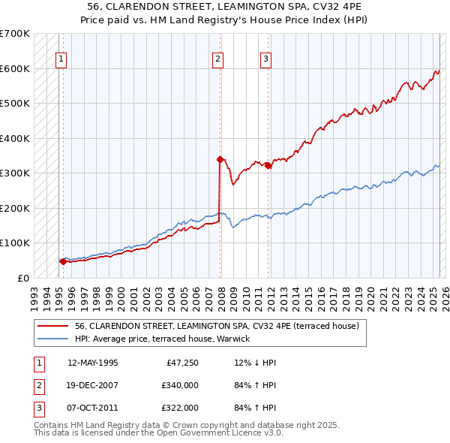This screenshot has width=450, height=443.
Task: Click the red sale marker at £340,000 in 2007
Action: coord(220,159)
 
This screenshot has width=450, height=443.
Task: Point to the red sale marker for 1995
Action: coord(63,261)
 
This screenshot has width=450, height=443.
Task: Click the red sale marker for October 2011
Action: coord(268,165)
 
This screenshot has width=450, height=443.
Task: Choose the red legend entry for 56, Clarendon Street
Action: coord(217,326)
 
